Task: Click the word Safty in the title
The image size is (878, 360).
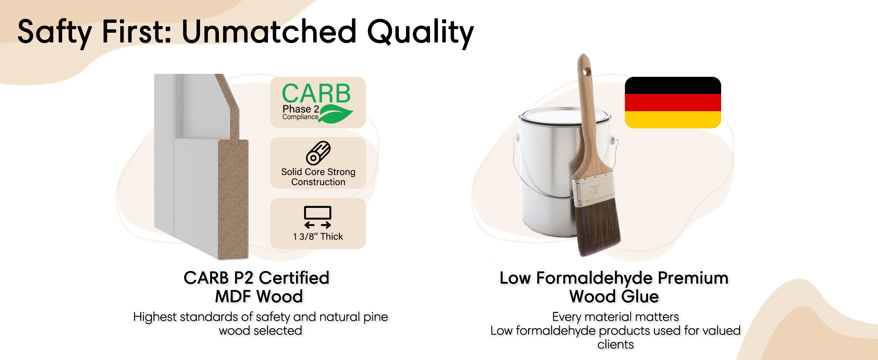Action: point(55,33)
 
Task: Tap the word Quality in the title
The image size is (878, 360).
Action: point(421,33)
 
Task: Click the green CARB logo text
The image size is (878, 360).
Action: point(316,93)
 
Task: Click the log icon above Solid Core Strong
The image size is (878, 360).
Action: point(318,153)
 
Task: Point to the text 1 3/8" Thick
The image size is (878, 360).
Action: point(318,237)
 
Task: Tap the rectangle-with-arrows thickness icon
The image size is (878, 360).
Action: point(318,217)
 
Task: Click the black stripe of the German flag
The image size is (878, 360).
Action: point(673,85)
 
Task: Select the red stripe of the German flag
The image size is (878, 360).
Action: point(673,103)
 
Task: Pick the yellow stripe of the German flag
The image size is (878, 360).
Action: point(673,120)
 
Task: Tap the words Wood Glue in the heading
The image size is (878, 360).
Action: point(614,296)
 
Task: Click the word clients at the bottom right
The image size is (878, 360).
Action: point(616,344)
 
